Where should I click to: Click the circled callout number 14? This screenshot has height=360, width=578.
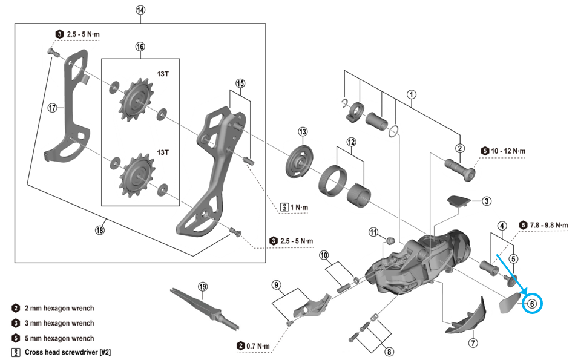pos(141,10)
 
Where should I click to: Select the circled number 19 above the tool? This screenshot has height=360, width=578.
pos(202,286)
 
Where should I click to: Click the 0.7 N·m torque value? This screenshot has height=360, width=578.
pos(258,345)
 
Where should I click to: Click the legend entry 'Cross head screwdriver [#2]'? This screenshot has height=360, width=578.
pos(68,352)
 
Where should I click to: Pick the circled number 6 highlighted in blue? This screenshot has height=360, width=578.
pos(532,304)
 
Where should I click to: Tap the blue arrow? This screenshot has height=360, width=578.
pos(511,275)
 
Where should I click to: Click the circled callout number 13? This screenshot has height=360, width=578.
pos(303,132)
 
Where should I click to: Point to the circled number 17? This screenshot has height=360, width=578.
pos(53,108)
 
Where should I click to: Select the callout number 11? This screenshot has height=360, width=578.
pos(373,232)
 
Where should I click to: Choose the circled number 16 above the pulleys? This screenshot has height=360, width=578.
pos(140,47)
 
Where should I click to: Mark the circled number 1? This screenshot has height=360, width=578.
pos(412,94)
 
